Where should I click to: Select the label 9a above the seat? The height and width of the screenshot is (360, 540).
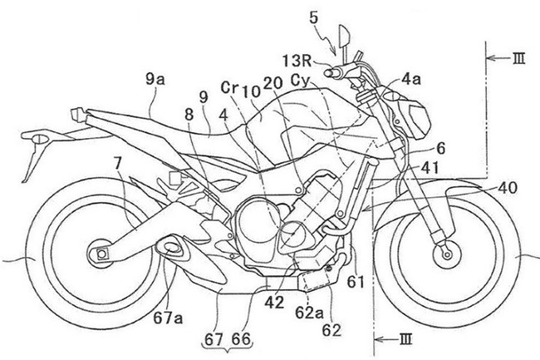coord(154,80)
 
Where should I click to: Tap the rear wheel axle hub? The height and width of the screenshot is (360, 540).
coord(101,251)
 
